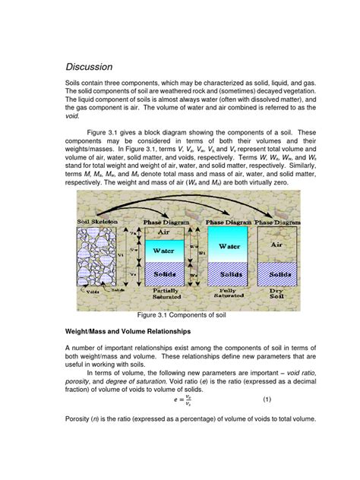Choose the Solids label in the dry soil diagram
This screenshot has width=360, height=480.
point(279,272)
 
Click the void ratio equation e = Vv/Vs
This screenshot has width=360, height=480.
point(179,398)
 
